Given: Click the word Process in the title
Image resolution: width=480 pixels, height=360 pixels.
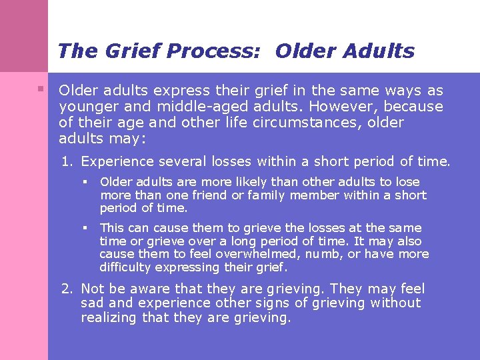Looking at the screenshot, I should (222, 51).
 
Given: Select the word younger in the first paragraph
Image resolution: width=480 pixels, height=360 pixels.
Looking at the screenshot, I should (85, 107).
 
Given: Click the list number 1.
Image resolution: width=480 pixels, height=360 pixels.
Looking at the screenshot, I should (67, 161).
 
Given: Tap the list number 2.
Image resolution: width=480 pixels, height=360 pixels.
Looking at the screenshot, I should (67, 289).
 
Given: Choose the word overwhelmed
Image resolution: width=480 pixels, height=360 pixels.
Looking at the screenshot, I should (207, 254).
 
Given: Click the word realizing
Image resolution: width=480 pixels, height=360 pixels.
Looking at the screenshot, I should (110, 318).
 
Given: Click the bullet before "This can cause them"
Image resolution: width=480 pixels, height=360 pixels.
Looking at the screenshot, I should (85, 228).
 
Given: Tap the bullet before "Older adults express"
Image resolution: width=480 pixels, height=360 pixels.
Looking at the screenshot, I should (41, 89).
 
